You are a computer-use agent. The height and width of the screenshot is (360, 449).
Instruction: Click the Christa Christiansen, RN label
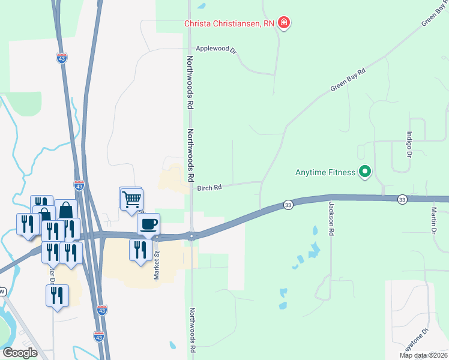[x=230, y=24]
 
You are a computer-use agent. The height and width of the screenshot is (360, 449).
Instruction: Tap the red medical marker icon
[x=285, y=24]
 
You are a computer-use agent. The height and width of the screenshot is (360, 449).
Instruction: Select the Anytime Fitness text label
[x=326, y=173]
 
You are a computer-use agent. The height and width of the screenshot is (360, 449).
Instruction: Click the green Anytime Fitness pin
[x=364, y=172]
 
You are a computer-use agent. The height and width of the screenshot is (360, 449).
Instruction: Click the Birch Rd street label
[x=209, y=188]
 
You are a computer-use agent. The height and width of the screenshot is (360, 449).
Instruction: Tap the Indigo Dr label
[x=409, y=144]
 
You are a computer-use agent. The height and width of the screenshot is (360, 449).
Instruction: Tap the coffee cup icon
[x=148, y=224]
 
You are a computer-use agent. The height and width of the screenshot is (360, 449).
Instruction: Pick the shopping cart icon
[x=132, y=198]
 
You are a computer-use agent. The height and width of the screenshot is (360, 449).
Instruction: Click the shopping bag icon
[x=66, y=211]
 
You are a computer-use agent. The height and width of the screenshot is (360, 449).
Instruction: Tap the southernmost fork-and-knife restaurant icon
[x=57, y=295]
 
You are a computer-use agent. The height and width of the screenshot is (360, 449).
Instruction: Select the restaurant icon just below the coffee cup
[x=140, y=249]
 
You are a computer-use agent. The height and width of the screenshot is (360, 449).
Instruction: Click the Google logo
[x=20, y=353]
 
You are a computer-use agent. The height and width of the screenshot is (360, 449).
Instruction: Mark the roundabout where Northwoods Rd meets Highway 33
[x=191, y=236]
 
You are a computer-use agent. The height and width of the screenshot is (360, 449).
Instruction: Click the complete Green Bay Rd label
[x=348, y=80]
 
